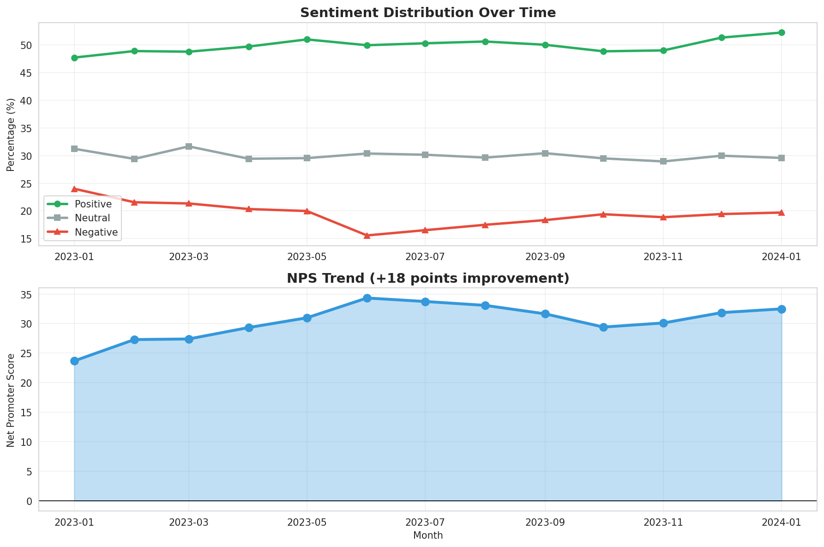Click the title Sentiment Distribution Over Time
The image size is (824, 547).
(427, 12)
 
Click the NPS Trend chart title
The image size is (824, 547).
(427, 278)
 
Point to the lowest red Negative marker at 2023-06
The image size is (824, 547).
(367, 236)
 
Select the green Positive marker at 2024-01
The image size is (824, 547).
(782, 32)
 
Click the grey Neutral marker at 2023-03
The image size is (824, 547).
(189, 146)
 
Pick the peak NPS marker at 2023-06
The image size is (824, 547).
(367, 298)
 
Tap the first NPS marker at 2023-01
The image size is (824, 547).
(74, 361)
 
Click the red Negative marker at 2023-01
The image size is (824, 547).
(74, 189)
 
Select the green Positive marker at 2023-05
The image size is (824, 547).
(307, 39)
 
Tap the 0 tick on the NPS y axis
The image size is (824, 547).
(29, 501)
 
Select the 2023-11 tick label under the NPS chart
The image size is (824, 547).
(663, 522)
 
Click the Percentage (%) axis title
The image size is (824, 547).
(11, 134)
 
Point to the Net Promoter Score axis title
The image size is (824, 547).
(11, 400)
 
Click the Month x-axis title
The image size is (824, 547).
(427, 535)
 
